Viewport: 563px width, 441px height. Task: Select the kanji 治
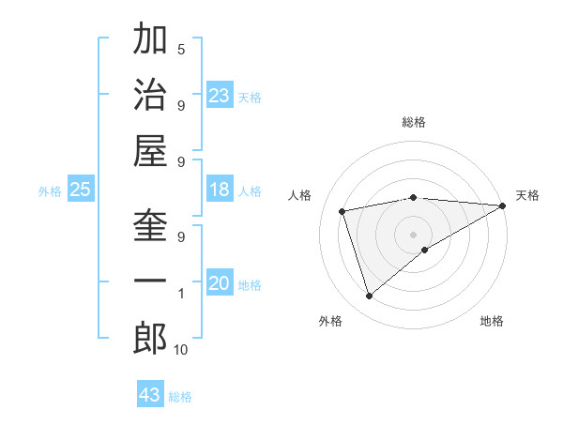point(150,95)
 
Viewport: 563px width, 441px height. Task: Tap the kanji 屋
point(150,151)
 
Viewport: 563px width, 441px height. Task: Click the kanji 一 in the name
point(150,282)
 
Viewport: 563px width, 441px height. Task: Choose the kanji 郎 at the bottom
point(150,339)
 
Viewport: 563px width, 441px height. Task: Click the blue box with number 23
point(220,96)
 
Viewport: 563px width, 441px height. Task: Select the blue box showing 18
point(220,190)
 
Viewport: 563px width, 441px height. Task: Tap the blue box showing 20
point(220,283)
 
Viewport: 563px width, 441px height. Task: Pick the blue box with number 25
point(81,190)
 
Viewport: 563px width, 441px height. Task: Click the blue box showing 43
point(150,395)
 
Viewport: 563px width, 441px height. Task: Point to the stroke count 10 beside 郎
point(181,350)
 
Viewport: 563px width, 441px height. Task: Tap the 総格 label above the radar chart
point(413,122)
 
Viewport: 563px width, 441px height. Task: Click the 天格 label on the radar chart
point(527,195)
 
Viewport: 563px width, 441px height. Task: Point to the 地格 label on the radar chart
point(492,321)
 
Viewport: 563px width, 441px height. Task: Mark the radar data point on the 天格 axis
point(503,205)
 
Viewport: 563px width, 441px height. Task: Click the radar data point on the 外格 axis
point(369,297)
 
